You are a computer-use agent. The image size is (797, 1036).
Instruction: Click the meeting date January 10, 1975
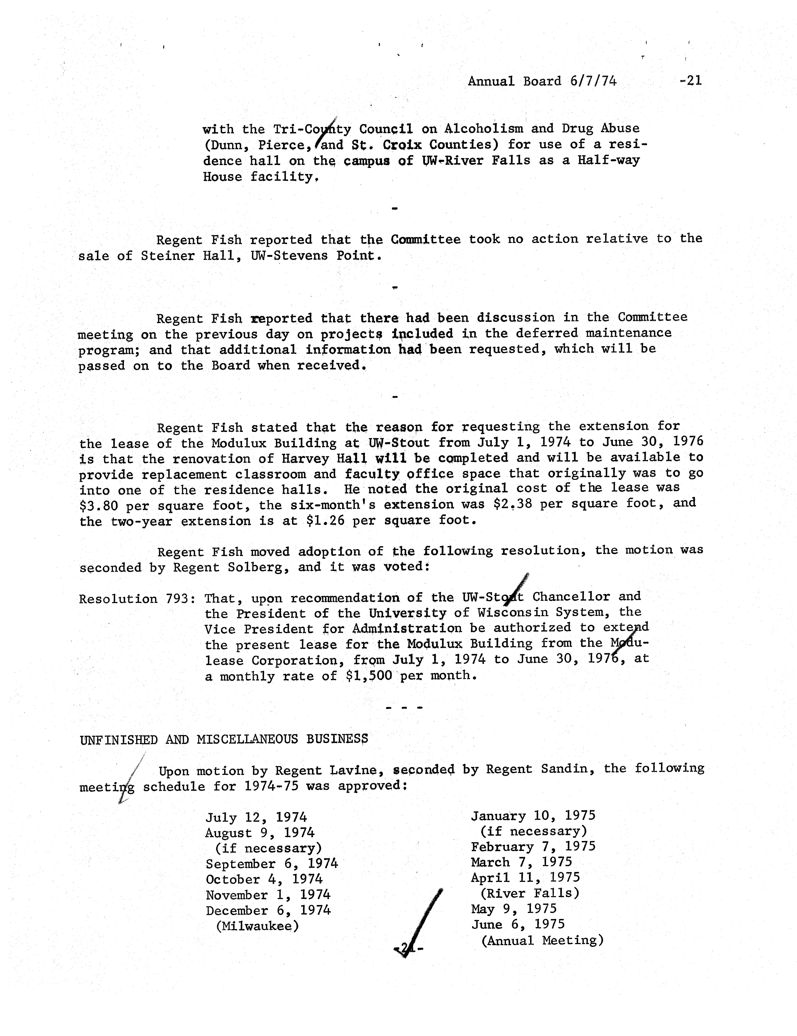pos(533,816)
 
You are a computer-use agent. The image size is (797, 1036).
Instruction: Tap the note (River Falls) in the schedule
pos(530,893)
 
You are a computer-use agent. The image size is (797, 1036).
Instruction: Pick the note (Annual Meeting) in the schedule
pos(542,940)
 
